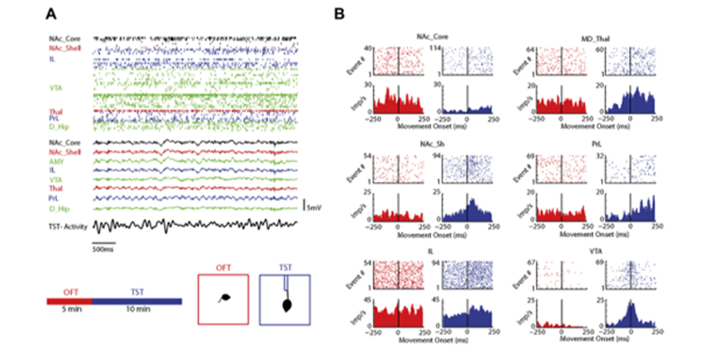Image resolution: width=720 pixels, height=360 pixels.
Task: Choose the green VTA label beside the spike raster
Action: click(x=56, y=88)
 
